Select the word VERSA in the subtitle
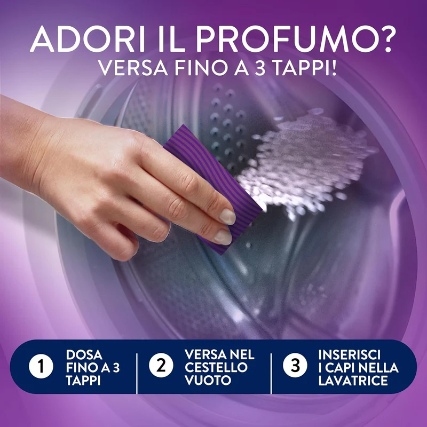(132, 68)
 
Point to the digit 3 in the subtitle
(260, 68)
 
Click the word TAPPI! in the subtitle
(305, 68)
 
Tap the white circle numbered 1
(41, 366)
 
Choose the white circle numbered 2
(161, 366)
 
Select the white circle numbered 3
(295, 366)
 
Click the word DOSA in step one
(84, 355)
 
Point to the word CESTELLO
(216, 367)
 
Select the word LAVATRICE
(353, 381)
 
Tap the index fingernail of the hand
(227, 217)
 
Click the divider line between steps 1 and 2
(137, 373)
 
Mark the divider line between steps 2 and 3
(271, 373)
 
